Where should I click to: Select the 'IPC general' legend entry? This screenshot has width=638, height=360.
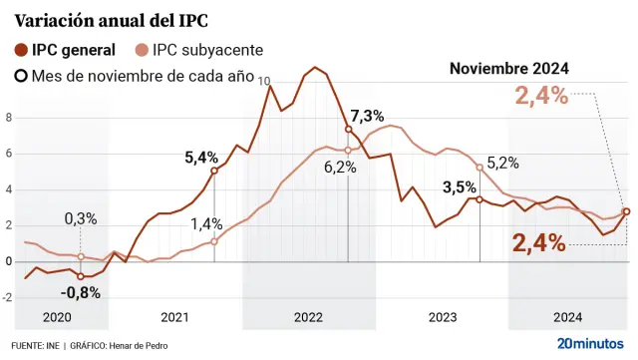click(73, 50)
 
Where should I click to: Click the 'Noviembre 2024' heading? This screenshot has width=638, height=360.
click(508, 69)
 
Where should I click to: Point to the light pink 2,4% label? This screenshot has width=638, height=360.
click(541, 97)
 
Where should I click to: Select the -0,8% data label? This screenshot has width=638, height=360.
click(79, 292)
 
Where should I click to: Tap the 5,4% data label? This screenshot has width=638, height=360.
click(201, 157)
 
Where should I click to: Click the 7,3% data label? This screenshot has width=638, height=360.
click(367, 115)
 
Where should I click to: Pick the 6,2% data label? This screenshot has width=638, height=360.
click(340, 168)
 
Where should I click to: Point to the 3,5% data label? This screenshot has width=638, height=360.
click(459, 186)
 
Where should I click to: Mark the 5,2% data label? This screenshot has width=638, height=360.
click(502, 163)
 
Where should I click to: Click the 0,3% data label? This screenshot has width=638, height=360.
click(81, 218)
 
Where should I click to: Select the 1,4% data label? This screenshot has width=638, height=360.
click(207, 223)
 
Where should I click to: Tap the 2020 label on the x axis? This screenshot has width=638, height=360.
click(57, 317)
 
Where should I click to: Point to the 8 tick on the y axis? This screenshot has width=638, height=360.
click(9, 118)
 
